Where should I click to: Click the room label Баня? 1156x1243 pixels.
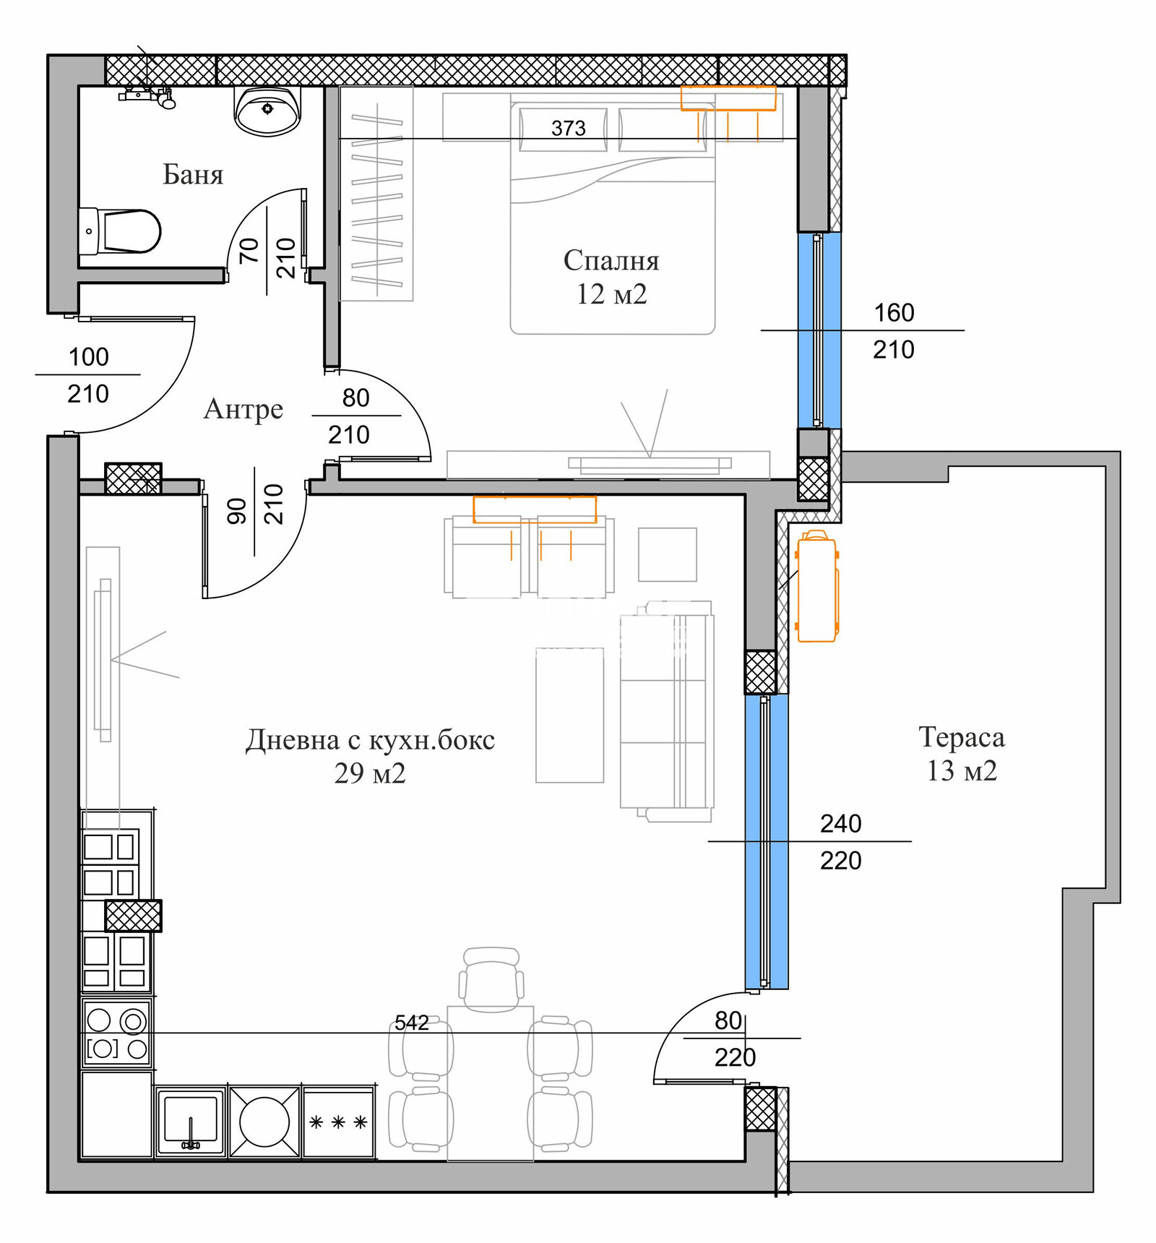[193, 175]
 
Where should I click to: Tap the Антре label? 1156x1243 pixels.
[243, 410]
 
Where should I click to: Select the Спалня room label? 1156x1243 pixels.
[611, 261]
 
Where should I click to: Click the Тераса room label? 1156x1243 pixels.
[962, 737]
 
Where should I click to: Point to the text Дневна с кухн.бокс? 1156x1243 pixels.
[371, 740]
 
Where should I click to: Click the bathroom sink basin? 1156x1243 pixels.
[267, 111]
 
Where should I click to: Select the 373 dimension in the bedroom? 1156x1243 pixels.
[568, 129]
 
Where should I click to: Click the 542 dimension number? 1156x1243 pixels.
[412, 1023]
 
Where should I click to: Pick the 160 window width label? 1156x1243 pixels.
[894, 313]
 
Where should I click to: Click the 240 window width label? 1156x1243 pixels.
[841, 824]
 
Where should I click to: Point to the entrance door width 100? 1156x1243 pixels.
[88, 357]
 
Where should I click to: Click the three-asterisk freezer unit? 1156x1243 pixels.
[338, 1122]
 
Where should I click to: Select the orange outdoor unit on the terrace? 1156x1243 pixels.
[817, 586]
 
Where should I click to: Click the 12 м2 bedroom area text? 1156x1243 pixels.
[611, 295]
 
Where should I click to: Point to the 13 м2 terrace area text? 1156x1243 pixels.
[962, 771]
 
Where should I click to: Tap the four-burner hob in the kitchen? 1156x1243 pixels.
[116, 1034]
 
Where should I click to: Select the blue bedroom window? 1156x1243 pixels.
[819, 330]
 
